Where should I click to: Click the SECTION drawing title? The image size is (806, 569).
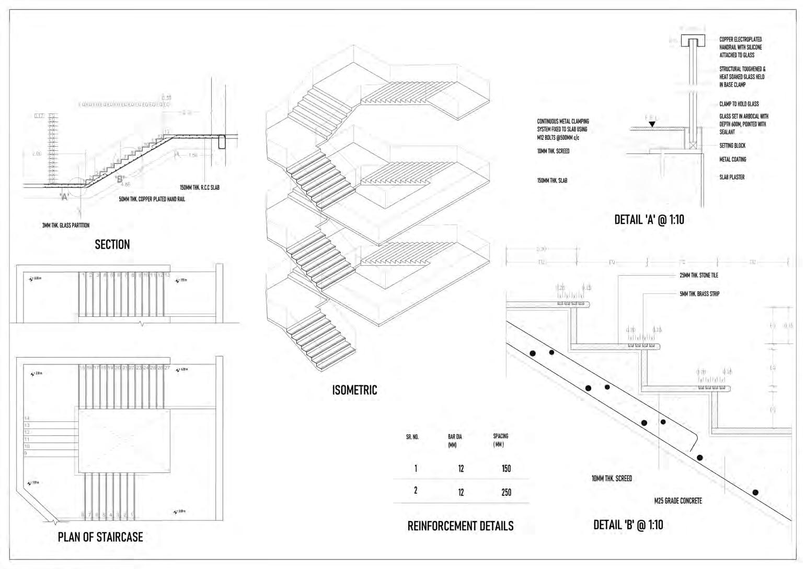[112, 244]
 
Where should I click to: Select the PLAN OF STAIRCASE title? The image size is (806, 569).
[100, 537]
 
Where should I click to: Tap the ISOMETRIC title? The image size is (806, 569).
[354, 390]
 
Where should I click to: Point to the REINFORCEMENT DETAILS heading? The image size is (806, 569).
[460, 526]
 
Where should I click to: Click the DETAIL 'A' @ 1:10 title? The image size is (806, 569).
[649, 220]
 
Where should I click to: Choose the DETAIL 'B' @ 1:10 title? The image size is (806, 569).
[628, 525]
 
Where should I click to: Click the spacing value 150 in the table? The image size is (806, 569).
[506, 468]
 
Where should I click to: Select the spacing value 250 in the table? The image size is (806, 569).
[506, 492]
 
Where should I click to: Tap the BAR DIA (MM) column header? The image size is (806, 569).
[455, 441]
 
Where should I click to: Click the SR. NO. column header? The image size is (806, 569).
[412, 437]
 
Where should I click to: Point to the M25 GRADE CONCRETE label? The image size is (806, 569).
[678, 501]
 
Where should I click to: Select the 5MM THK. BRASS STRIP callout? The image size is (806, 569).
[699, 294]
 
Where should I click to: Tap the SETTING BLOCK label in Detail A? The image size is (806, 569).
[732, 146]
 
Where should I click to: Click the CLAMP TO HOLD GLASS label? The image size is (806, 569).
[739, 104]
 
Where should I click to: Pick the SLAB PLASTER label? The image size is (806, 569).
[732, 177]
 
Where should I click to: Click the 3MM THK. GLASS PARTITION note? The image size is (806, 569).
[66, 226]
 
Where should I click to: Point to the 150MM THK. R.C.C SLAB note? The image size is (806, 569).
[200, 187]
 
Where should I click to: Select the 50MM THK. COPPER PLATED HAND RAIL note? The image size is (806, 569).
[152, 199]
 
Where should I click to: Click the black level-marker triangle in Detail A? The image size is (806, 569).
[651, 124]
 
